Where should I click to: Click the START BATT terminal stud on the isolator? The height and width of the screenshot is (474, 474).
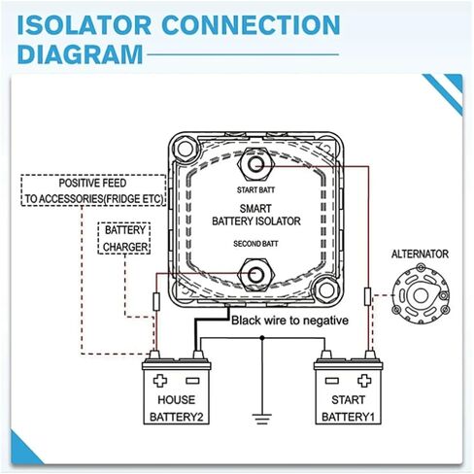click(x=255, y=164)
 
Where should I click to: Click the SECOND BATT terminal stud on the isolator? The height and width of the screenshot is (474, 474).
click(x=255, y=275)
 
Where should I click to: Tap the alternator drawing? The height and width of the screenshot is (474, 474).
click(x=421, y=294)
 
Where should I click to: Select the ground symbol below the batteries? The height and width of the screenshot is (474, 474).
click(x=262, y=419)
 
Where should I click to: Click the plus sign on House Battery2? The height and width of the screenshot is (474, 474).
click(x=160, y=381)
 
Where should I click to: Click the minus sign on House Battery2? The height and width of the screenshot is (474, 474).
click(x=192, y=381)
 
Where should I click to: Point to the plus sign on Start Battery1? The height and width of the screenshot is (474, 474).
click(x=364, y=381)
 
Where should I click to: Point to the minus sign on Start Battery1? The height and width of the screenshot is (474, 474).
click(x=332, y=381)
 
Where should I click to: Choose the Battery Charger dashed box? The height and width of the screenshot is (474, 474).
click(x=124, y=238)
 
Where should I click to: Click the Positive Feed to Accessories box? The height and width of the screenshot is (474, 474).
click(x=93, y=190)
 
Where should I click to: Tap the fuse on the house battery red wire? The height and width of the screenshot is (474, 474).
click(x=156, y=301)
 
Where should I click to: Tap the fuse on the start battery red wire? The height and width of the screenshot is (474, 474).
click(x=367, y=296)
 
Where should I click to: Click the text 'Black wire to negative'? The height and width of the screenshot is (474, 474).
click(x=289, y=321)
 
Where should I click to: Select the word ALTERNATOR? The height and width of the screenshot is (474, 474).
click(x=420, y=254)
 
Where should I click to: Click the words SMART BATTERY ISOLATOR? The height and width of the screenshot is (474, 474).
click(x=256, y=215)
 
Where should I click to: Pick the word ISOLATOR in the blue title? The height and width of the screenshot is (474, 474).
click(x=85, y=25)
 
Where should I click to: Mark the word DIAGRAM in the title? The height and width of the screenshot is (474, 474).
click(x=80, y=54)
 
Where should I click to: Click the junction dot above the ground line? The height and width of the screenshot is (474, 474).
click(x=262, y=338)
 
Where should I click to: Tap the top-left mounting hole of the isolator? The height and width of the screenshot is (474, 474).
click(x=186, y=150)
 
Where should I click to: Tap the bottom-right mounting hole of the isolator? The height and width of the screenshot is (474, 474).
click(x=326, y=290)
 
